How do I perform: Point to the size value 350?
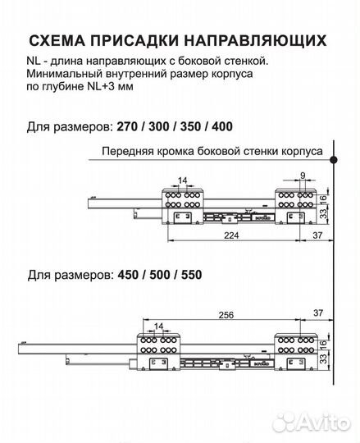click(192, 128)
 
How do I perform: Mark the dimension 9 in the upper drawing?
click(303, 175)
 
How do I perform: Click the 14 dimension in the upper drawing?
click(181, 180)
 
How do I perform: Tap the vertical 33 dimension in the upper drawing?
click(324, 215)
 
